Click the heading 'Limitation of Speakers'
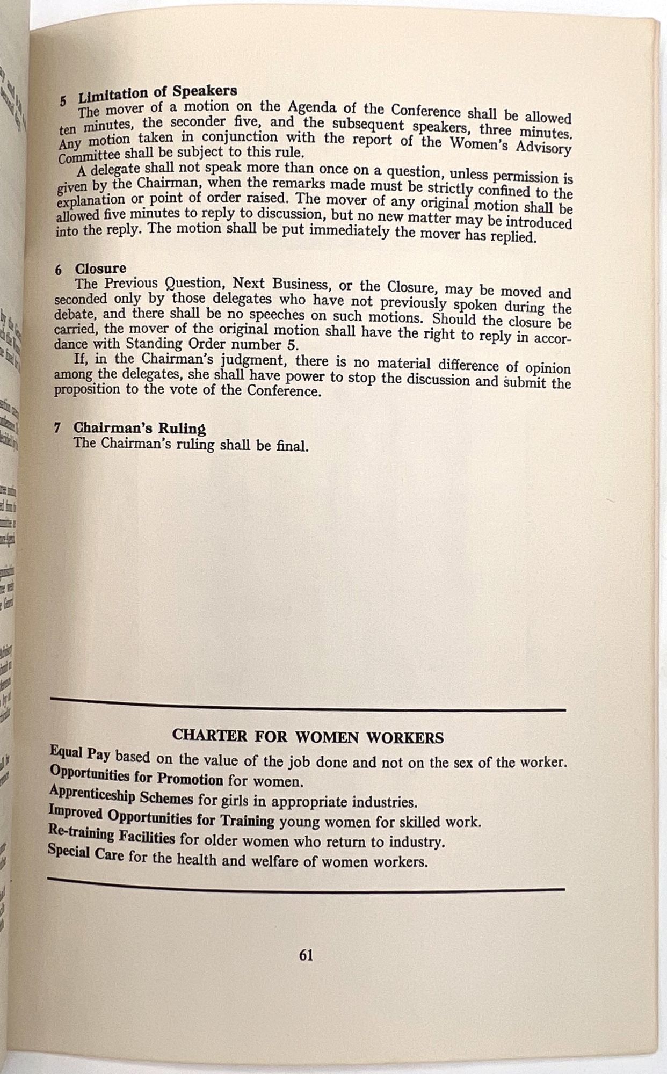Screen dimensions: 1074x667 (157, 95)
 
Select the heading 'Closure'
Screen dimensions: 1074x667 (100, 268)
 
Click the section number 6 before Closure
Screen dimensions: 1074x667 (58, 270)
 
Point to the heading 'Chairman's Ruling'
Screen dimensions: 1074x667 (140, 429)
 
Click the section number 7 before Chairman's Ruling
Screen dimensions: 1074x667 (57, 428)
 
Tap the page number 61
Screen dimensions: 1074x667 (306, 955)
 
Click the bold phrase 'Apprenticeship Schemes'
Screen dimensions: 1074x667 (121, 795)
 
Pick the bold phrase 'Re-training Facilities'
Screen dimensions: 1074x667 (111, 835)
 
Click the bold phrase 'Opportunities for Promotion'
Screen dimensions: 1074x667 (136, 775)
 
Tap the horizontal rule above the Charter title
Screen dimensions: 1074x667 (308, 704)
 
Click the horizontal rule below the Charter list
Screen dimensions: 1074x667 (306, 884)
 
